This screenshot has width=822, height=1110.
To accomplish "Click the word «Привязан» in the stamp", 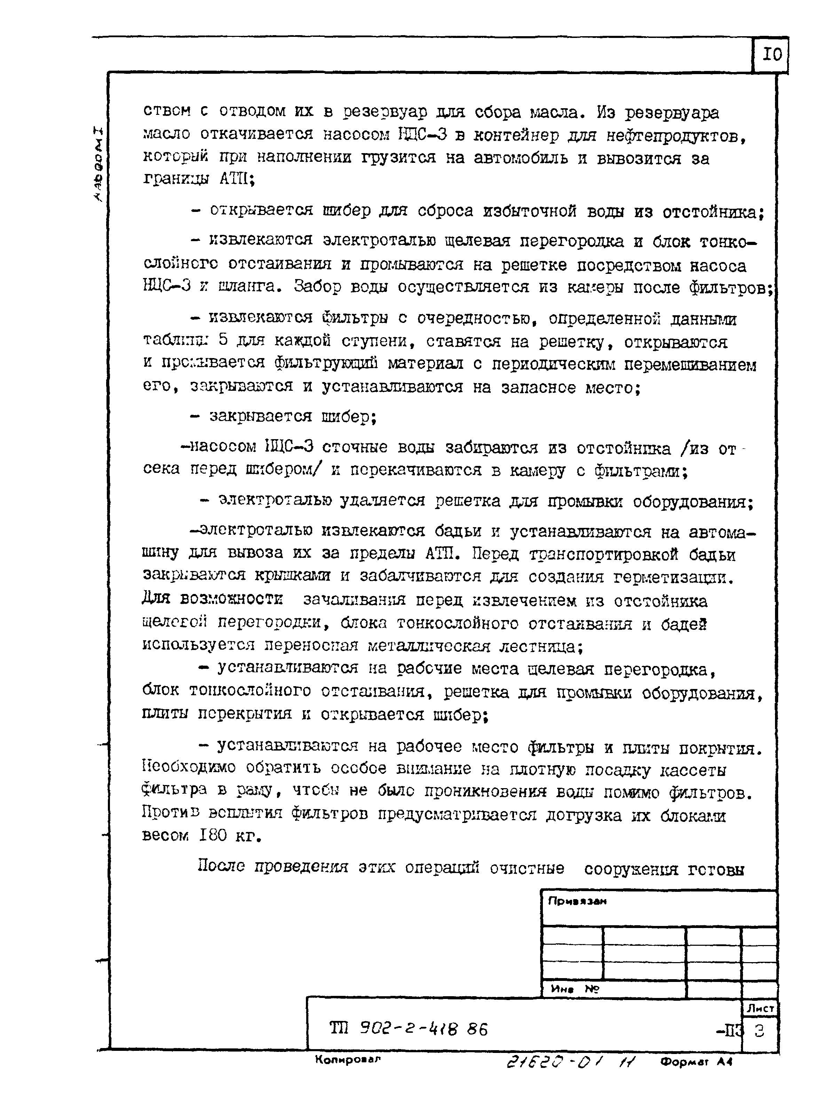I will tap(577, 901).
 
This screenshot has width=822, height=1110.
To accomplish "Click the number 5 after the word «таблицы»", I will tap(223, 341).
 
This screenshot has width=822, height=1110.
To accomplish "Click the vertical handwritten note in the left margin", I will tap(98, 164).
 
